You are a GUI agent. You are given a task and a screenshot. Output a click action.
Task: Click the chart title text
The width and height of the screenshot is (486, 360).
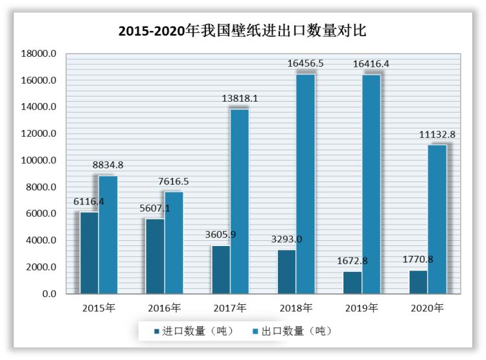[x=243, y=30]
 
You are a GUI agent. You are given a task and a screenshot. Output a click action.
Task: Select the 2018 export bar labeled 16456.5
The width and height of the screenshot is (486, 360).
[x=305, y=185]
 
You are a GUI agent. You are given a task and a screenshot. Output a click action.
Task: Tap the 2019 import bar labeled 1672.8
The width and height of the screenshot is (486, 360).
[x=353, y=282]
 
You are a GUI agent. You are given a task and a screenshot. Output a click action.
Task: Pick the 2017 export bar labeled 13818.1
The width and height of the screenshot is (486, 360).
[x=240, y=201]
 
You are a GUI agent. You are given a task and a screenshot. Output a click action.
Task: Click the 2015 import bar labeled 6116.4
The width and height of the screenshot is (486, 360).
[x=89, y=253]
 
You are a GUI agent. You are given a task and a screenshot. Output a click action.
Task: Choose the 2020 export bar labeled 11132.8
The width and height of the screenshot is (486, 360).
[x=437, y=219]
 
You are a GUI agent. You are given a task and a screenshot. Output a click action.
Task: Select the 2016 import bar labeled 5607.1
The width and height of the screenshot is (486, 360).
[x=156, y=256]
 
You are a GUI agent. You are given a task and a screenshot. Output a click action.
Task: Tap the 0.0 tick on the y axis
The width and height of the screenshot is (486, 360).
[x=49, y=294]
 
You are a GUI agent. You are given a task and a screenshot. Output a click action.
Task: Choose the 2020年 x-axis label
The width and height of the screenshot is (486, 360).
[x=428, y=308]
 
